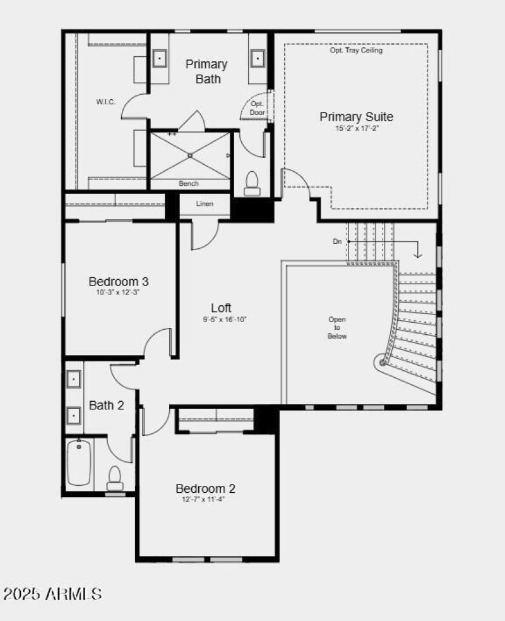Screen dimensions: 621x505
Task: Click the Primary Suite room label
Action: tap(356, 117)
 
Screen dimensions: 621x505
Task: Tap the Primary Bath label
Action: tap(206, 71)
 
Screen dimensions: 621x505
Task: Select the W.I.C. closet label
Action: tap(105, 102)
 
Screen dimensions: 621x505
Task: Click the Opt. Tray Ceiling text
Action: tap(356, 51)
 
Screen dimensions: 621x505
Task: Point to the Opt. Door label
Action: tap(257, 108)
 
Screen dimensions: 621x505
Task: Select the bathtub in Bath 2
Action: tap(79, 462)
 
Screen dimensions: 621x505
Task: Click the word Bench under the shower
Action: tap(189, 184)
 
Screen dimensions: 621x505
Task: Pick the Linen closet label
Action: tap(205, 203)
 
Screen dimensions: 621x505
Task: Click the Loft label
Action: tap(221, 308)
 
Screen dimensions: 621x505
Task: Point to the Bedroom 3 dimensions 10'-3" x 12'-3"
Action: tap(119, 292)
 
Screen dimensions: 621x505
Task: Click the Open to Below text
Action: tap(337, 328)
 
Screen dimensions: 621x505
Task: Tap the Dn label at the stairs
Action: tap(338, 242)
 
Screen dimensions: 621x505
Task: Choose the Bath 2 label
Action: tap(106, 405)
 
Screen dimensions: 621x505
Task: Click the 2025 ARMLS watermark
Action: tap(52, 594)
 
